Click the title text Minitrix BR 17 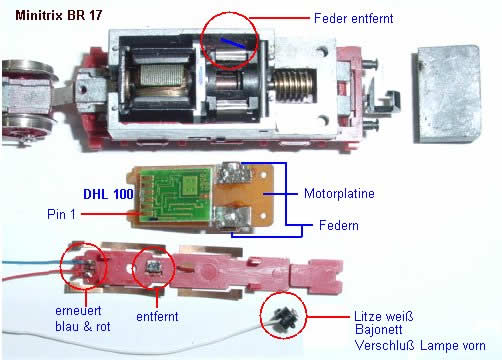click(59, 15)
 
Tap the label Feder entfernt click(353, 18)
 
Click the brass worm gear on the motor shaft click(293, 85)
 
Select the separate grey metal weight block click(447, 94)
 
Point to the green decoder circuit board click(175, 195)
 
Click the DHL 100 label click(108, 194)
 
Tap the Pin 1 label click(61, 214)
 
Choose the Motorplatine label click(339, 194)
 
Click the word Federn click(339, 225)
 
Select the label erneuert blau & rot click(82, 318)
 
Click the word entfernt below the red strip click(157, 316)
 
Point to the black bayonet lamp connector click(283, 318)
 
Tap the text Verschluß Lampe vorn click(420, 345)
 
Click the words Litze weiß click(383, 316)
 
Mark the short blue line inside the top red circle click(233, 43)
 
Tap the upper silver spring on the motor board click(232, 174)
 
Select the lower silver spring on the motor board click(233, 219)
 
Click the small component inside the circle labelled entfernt click(153, 267)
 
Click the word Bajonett click(379, 330)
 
